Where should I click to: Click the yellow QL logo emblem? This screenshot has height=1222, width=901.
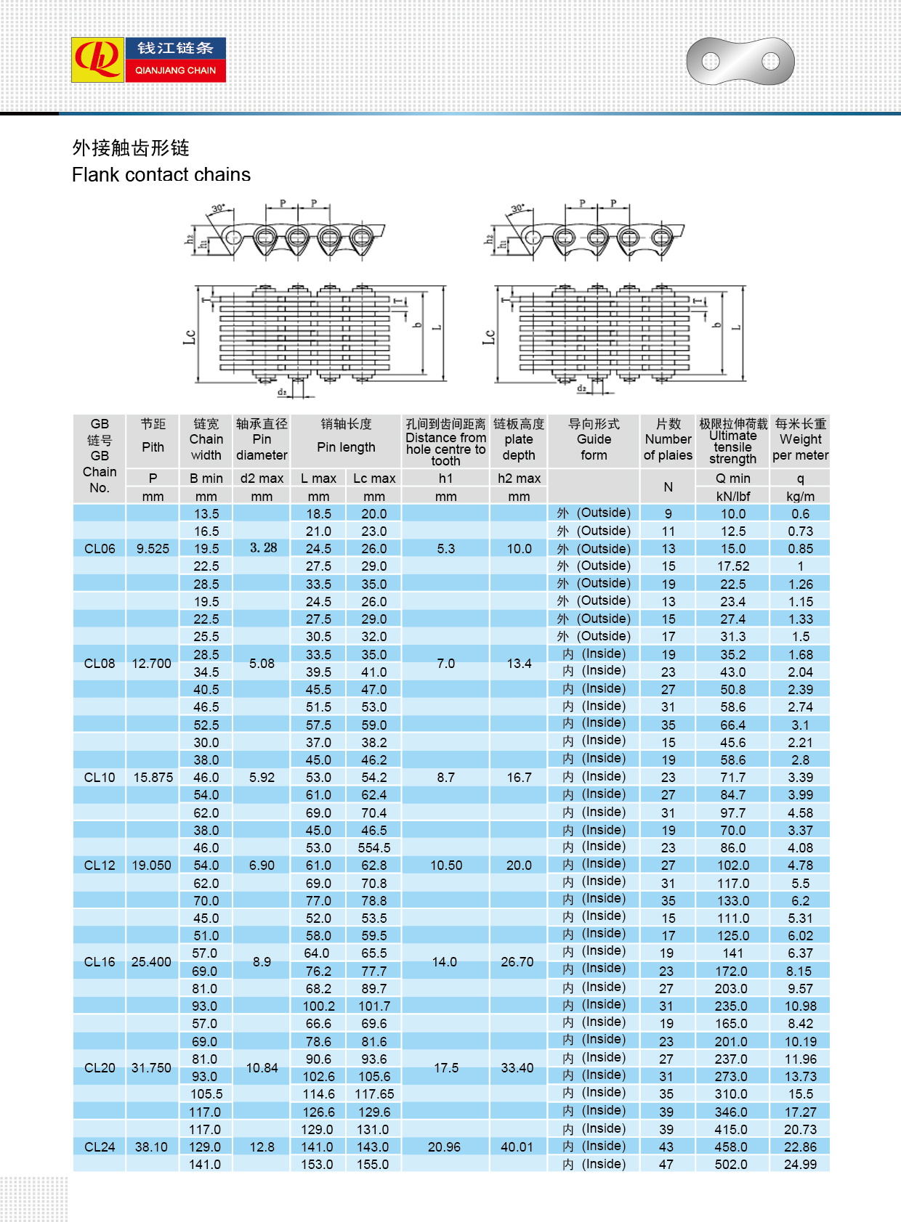pyautogui.click(x=98, y=60)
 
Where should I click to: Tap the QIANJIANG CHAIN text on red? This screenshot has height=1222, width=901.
pyautogui.click(x=175, y=70)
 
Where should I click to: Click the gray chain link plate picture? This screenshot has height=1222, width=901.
pyautogui.click(x=740, y=61)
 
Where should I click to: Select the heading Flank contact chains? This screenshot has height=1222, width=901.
pyautogui.click(x=161, y=175)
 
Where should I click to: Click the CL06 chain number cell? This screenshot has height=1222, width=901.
pyautogui.click(x=100, y=549)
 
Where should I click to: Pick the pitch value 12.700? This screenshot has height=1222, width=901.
pyautogui.click(x=152, y=664)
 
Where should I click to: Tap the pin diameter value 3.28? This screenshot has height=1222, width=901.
pyautogui.click(x=262, y=548)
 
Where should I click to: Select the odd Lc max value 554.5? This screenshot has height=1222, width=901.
pyautogui.click(x=374, y=847)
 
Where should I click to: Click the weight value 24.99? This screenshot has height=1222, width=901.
pyautogui.click(x=800, y=1165)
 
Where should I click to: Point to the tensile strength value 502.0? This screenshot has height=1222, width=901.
pyautogui.click(x=731, y=1165)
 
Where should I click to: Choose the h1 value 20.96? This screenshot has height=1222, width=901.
pyautogui.click(x=445, y=1147)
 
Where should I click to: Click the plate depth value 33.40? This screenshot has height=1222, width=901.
pyautogui.click(x=517, y=1068)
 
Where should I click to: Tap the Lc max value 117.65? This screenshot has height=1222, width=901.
pyautogui.click(x=374, y=1094)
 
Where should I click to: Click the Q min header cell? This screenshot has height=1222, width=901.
pyautogui.click(x=732, y=478)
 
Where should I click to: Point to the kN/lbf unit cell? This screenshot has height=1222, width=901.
pyautogui.click(x=732, y=497)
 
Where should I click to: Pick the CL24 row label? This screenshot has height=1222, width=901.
pyautogui.click(x=100, y=1147)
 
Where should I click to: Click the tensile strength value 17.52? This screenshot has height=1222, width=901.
pyautogui.click(x=732, y=566)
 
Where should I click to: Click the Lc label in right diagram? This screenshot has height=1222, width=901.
pyautogui.click(x=489, y=336)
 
